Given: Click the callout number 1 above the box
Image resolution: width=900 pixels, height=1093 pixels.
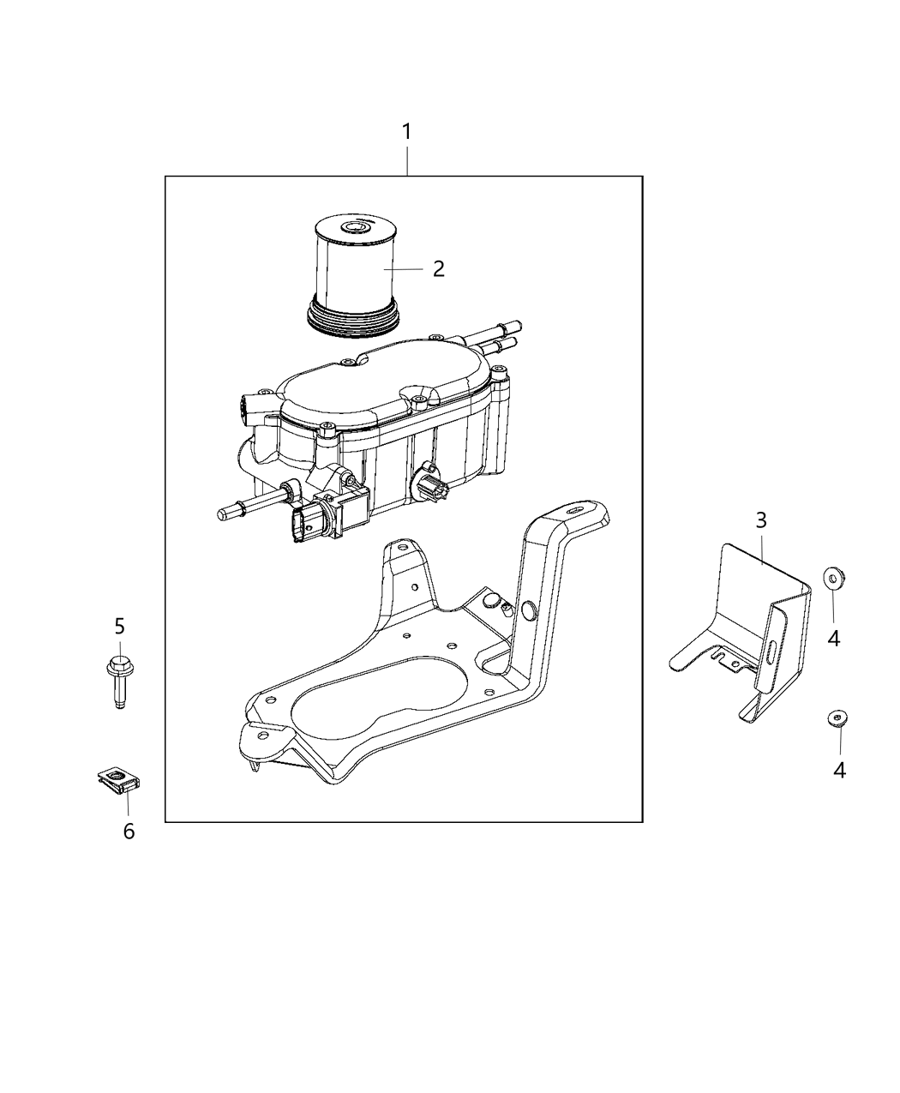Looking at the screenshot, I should [x=407, y=132].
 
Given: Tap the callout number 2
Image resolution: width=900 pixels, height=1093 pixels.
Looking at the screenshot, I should [x=439, y=268].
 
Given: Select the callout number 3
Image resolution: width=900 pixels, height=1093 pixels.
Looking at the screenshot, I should [x=761, y=519].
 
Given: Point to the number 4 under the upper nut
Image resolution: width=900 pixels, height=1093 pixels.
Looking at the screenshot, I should [x=833, y=638].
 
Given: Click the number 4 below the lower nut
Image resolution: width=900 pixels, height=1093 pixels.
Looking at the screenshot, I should [x=840, y=771].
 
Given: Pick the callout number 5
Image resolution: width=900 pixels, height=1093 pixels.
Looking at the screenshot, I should [x=120, y=627].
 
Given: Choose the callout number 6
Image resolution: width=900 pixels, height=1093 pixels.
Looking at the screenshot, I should [x=129, y=831].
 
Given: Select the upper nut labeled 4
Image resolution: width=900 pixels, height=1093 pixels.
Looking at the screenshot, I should [x=831, y=579].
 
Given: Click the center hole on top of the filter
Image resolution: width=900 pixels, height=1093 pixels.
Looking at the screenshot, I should [x=351, y=228].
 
